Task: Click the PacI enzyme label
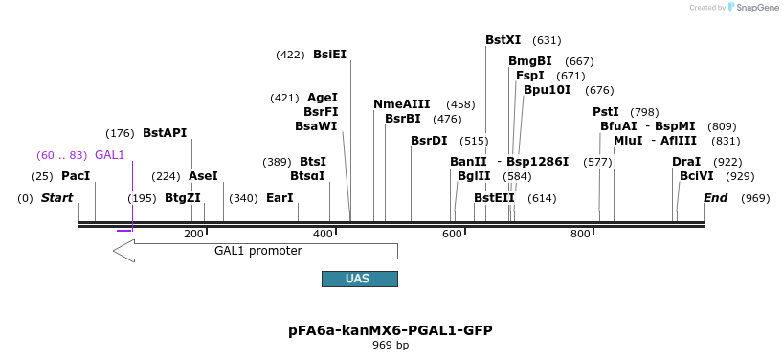point(76,176)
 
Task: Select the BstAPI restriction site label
point(165,133)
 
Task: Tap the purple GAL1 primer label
point(110,155)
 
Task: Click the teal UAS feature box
point(359,279)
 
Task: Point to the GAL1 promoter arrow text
point(257,251)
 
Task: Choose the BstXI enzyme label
point(503,40)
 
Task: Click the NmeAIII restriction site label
point(401,104)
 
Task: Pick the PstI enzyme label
point(606,112)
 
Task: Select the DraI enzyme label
point(686,162)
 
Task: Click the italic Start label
point(57,198)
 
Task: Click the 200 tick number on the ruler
point(194,235)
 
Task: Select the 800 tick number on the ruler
point(581,235)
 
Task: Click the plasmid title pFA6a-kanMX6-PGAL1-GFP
point(391,330)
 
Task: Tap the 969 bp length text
point(391,345)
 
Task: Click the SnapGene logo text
point(756,8)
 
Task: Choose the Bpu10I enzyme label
point(547,90)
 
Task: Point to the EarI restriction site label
point(280,198)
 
